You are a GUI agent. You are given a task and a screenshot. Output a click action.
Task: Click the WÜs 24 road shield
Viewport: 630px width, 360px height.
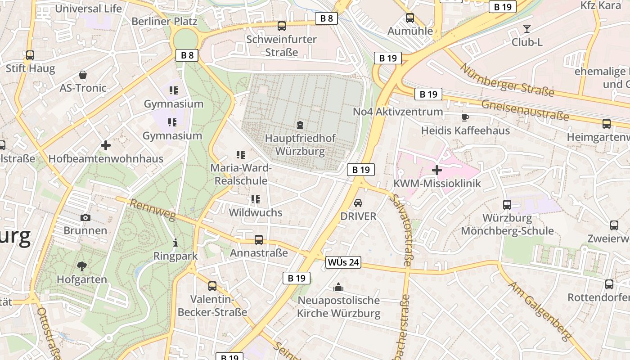click(343, 262)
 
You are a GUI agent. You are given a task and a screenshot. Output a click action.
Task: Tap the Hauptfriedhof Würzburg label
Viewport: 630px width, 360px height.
click(300, 144)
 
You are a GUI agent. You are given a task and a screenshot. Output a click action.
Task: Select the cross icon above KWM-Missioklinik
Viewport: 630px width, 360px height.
click(436, 170)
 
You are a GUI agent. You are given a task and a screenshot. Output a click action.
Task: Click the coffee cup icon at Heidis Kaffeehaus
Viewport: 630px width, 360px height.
click(465, 117)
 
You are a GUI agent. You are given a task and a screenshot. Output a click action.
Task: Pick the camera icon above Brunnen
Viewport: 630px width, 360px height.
click(85, 218)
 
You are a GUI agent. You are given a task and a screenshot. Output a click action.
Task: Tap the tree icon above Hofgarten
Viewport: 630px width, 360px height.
click(82, 266)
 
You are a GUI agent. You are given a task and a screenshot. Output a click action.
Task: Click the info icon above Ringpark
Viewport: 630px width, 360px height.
click(175, 243)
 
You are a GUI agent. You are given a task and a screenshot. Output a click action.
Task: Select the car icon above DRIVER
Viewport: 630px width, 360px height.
click(358, 203)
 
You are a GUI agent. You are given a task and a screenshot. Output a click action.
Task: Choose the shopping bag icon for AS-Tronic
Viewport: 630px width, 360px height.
click(83, 75)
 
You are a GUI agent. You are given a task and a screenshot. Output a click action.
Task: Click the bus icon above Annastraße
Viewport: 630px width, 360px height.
click(259, 240)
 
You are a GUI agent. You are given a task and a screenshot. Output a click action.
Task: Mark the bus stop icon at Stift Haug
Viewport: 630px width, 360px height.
click(30, 55)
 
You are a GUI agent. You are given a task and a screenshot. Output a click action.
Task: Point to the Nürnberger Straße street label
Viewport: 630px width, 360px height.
click(507, 80)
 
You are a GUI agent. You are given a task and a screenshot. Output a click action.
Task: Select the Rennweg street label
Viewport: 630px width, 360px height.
click(153, 210)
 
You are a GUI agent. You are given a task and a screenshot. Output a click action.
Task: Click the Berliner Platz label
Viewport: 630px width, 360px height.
click(164, 21)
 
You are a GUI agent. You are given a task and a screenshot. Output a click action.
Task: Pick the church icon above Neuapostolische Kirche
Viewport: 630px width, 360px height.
click(338, 287)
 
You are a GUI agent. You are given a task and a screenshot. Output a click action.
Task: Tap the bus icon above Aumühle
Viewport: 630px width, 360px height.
click(410, 18)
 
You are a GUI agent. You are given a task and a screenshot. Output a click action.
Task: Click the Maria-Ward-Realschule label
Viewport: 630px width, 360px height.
click(241, 174)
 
